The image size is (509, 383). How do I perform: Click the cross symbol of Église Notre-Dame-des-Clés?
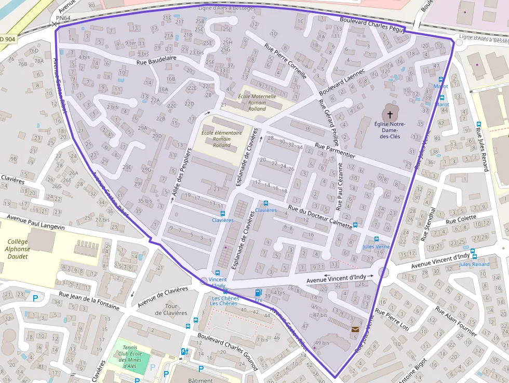point(390,114)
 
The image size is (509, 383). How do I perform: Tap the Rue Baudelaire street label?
point(156,62)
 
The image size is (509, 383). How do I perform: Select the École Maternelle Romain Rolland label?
point(257,102)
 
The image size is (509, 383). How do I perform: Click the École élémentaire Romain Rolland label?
point(222,139)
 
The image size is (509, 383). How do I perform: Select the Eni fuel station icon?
point(258,293)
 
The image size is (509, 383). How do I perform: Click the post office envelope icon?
point(355,329)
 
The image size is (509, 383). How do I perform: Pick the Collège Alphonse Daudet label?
point(19,249)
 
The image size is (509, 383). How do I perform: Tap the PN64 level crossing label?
point(63,18)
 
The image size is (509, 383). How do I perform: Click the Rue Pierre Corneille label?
point(286,61)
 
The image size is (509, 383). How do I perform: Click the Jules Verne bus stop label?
point(376,247)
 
